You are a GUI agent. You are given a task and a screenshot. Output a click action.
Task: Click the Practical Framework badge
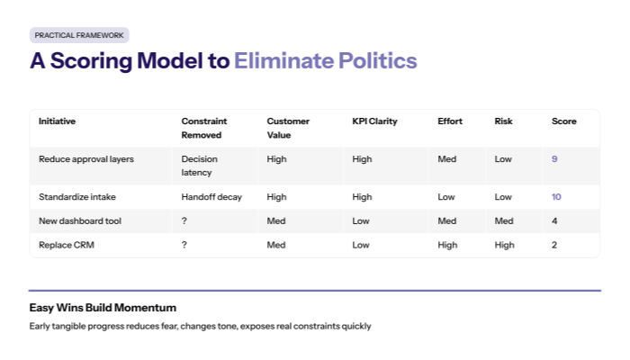[x=79, y=35]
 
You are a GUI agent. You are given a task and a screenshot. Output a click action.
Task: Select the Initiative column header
[x=57, y=121]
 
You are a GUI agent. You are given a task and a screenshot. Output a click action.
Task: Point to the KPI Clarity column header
[x=374, y=121]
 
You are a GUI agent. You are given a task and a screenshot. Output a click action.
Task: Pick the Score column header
[x=563, y=121]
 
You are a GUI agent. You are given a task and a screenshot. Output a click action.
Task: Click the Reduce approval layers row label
[x=85, y=159]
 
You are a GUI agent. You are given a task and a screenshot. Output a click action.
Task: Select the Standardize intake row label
[x=77, y=197]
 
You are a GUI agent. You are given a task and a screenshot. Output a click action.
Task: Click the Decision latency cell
[x=200, y=166]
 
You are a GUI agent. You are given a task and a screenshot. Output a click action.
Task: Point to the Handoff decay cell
[x=211, y=197]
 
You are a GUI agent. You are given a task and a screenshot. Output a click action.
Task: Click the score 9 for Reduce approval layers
[x=554, y=159]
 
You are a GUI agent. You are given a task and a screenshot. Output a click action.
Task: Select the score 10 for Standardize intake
[x=557, y=197]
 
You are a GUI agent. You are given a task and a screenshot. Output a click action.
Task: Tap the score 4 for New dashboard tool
[x=554, y=220]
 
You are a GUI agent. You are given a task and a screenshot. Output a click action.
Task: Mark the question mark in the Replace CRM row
[x=184, y=244]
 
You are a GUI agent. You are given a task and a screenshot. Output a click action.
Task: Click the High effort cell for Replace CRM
[x=447, y=244]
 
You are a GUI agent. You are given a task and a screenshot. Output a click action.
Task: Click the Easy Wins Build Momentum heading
[x=103, y=308]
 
